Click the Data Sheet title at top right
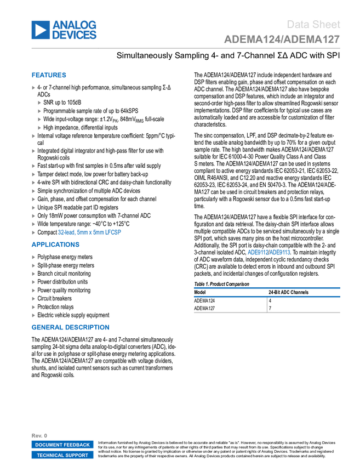(314, 25)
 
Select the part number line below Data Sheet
(282, 39)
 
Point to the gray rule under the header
(186, 48)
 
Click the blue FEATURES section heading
(49, 76)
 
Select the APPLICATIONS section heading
(55, 245)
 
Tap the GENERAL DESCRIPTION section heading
(70, 327)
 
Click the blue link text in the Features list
(90, 232)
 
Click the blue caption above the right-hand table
(268, 253)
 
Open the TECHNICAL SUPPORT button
(62, 455)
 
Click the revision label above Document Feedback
(39, 435)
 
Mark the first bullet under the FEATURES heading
(33, 88)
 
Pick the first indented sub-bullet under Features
(39, 103)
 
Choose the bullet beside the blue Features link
(33, 232)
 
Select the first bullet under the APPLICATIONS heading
(33, 257)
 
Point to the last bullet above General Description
(33, 315)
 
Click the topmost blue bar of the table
(267, 288)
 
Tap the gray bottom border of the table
(267, 312)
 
